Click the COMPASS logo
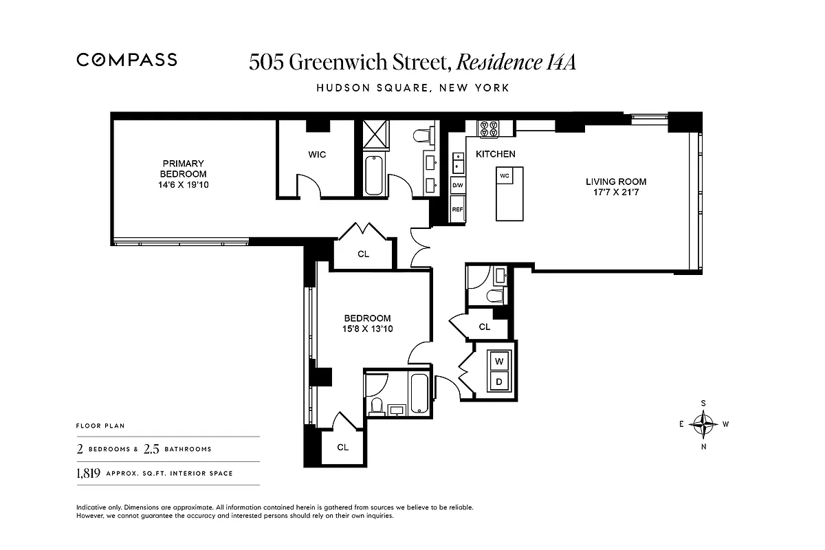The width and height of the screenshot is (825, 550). click(x=126, y=60)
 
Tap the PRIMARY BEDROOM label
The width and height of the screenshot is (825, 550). click(x=183, y=168)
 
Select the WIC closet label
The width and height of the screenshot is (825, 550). click(x=317, y=155)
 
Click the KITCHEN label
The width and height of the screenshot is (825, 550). click(x=495, y=154)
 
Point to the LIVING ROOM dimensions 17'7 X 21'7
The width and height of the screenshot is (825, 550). click(x=616, y=192)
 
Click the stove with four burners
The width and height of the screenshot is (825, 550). click(x=488, y=129)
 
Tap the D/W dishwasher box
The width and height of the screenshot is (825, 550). click(x=458, y=185)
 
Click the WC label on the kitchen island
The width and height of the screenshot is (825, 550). click(x=504, y=175)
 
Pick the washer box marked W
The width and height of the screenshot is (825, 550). click(x=499, y=361)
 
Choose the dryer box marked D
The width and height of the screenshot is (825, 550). click(x=499, y=382)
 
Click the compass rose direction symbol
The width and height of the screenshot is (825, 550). click(x=703, y=424)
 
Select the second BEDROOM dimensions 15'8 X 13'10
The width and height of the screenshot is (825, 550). click(x=367, y=329)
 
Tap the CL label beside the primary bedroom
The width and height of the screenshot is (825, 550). click(x=363, y=254)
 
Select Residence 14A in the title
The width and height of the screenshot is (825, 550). click(x=516, y=62)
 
